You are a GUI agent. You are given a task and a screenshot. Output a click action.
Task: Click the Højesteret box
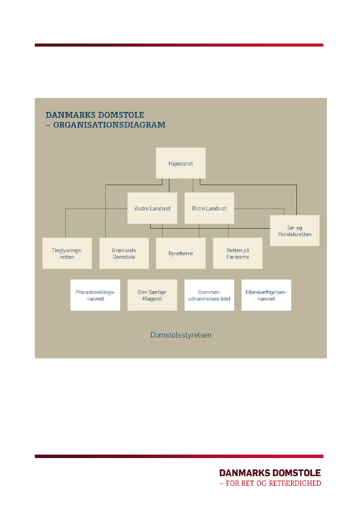click(x=181, y=163)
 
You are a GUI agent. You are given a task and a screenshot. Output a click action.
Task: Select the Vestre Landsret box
click(x=152, y=208)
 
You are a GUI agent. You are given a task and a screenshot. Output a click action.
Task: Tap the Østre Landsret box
click(x=209, y=208)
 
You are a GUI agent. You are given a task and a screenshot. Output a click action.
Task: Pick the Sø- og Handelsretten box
click(x=295, y=230)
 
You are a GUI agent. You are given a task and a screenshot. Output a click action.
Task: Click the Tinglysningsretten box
click(x=67, y=253)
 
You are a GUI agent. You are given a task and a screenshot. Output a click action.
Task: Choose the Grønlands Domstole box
click(x=124, y=253)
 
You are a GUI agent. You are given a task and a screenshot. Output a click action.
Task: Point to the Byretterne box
click(x=181, y=253)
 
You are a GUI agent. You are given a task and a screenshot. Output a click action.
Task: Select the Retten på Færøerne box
click(x=238, y=253)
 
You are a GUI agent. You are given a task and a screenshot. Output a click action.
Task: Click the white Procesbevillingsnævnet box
click(x=95, y=295)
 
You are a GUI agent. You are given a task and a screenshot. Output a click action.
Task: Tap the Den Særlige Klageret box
click(x=152, y=295)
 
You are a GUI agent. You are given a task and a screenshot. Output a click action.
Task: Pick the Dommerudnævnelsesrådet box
click(x=209, y=295)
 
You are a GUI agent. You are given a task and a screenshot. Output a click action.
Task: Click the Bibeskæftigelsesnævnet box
click(x=266, y=295)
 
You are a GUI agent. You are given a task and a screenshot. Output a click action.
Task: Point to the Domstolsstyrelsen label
click(x=181, y=335)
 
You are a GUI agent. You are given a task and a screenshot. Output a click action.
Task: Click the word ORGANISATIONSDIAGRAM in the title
click(x=109, y=125)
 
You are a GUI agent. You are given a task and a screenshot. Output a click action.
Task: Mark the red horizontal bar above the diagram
click(x=179, y=45)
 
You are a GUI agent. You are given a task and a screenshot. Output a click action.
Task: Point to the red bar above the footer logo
click(x=179, y=456)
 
